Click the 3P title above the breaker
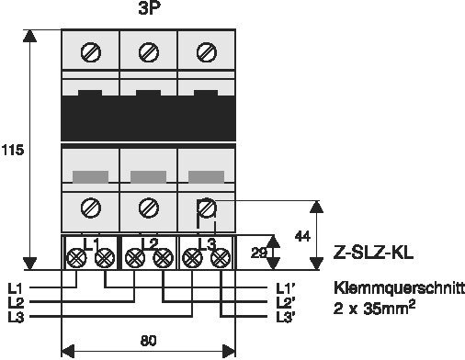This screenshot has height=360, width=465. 149,8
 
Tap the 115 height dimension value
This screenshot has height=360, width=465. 13,151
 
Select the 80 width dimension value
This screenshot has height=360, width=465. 149,341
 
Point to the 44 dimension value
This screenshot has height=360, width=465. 302,236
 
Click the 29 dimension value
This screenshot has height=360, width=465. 259,253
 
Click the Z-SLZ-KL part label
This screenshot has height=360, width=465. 373,253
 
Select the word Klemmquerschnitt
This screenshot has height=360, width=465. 399,288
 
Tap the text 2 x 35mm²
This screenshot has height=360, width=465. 374,308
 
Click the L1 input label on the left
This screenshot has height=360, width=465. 15,288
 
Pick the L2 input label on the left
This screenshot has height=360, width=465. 16,303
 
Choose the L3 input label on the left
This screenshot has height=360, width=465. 16,317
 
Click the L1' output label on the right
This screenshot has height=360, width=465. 285,288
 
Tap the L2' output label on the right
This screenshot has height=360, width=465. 286,303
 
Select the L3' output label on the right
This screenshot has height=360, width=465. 286,317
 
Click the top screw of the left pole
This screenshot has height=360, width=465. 91,52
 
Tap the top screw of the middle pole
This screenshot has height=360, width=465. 149,52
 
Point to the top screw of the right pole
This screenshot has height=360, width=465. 207,52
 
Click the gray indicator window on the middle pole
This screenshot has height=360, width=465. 148,177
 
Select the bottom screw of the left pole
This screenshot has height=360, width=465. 91,208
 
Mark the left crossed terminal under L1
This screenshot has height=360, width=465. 75,258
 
